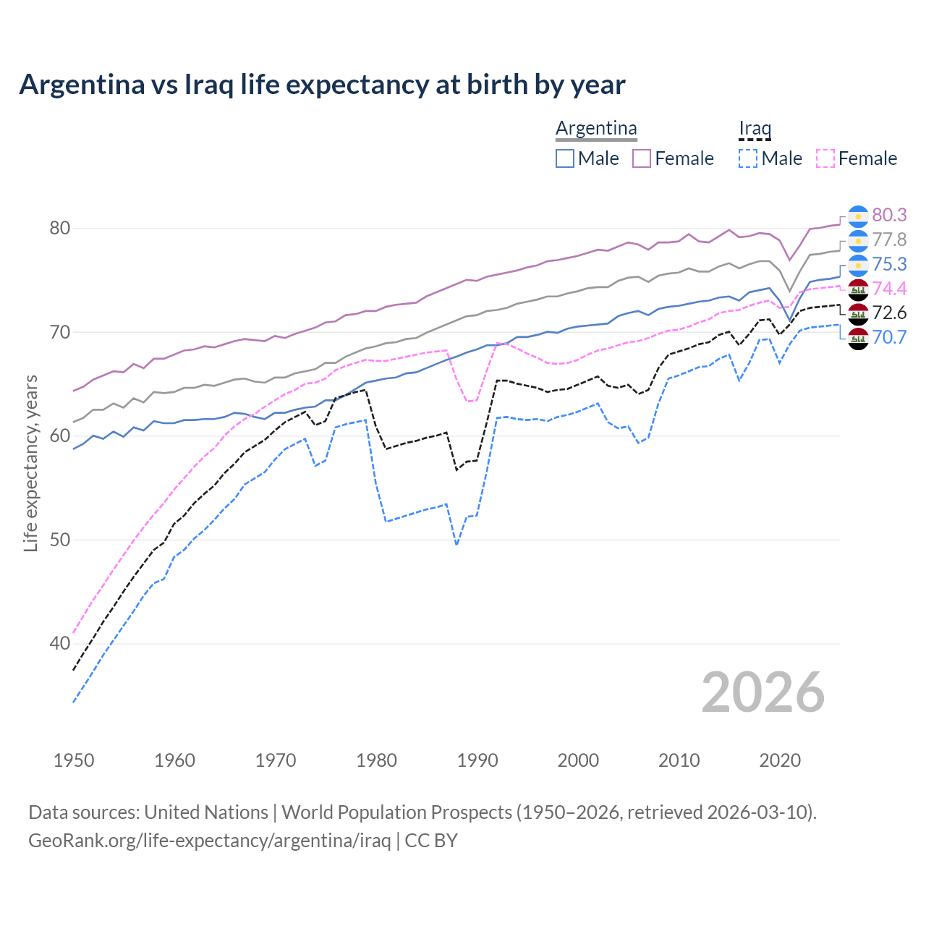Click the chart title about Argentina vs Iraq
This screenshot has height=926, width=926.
(x=322, y=85)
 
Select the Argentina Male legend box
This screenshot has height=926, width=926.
(x=565, y=158)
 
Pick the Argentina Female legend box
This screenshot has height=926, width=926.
(x=642, y=158)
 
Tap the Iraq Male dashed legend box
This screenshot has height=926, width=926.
(x=748, y=158)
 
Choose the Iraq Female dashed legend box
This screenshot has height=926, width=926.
(x=825, y=158)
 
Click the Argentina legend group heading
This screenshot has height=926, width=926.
(x=596, y=129)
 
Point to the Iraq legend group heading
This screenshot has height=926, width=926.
(x=755, y=129)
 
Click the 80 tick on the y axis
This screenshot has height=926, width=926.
(x=60, y=228)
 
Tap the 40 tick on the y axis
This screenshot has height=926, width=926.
(x=60, y=643)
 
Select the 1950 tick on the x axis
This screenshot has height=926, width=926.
(x=74, y=760)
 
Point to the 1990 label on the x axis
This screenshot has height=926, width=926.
(x=477, y=760)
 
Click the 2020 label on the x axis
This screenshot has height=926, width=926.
(x=780, y=760)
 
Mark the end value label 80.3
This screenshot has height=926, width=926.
(x=889, y=215)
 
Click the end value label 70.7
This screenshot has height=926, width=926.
(x=889, y=337)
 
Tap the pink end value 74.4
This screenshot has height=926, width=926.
(x=889, y=289)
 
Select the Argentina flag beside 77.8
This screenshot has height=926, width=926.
(x=858, y=240)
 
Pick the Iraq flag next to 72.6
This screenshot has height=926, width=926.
(x=858, y=313)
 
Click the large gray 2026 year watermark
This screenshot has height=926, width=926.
(x=763, y=692)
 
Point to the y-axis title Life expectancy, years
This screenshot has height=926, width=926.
(x=30, y=463)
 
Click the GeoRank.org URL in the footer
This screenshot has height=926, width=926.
(x=209, y=841)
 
